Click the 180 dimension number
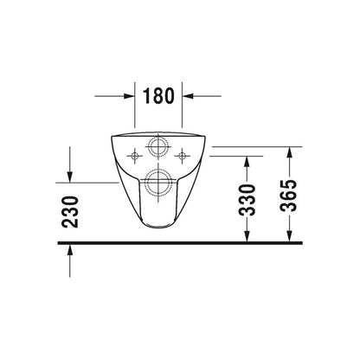click(x=159, y=96)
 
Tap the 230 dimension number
click(x=70, y=212)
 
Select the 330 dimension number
click(x=247, y=200)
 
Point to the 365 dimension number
click(x=289, y=196)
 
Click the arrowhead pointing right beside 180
click(x=129, y=96)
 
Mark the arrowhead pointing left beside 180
click(x=187, y=96)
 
